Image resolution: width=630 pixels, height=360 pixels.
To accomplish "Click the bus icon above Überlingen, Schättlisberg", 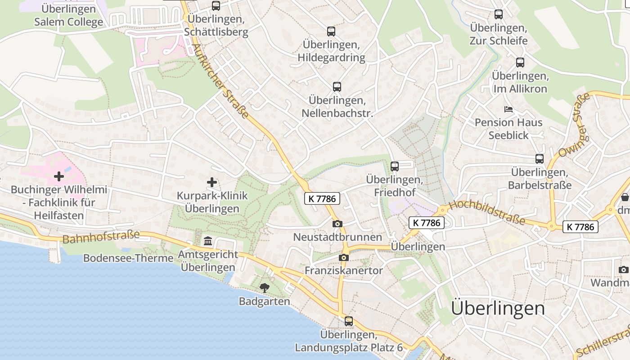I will coord(216,6).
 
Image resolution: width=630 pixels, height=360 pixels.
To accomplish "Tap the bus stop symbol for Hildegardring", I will coord(331,31).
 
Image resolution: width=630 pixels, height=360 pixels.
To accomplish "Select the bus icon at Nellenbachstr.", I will coord(337,87).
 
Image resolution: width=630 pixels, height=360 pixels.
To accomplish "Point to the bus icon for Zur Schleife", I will coord(499,14).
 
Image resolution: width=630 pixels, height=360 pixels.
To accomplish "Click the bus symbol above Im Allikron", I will coord(520,63).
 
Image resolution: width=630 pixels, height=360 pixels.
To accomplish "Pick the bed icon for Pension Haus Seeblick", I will coord(508,109).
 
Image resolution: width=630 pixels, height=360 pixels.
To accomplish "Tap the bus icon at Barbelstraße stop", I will coord(540,159).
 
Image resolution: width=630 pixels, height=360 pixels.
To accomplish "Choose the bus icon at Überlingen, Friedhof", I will coord(395,166).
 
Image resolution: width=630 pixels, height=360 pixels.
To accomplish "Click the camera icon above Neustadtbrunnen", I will coord(337,224).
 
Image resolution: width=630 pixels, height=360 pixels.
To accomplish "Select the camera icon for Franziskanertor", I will coord(344,257).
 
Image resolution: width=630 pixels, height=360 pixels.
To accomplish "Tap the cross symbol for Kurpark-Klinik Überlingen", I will coord(212,182).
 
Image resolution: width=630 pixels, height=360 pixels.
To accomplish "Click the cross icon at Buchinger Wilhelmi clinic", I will coord(59,176).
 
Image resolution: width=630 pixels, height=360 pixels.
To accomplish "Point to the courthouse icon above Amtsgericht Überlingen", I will coord(208,241).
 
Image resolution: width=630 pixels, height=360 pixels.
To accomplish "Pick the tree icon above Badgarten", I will coord(265,288).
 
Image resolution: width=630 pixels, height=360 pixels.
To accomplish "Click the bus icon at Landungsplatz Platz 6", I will coord(349,321).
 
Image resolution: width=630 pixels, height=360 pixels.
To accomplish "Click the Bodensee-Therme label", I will coord(128,258).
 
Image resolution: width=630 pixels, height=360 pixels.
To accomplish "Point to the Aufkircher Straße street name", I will coord(220,81).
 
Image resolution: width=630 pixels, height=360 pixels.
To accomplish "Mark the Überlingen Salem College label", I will coord(68,15).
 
